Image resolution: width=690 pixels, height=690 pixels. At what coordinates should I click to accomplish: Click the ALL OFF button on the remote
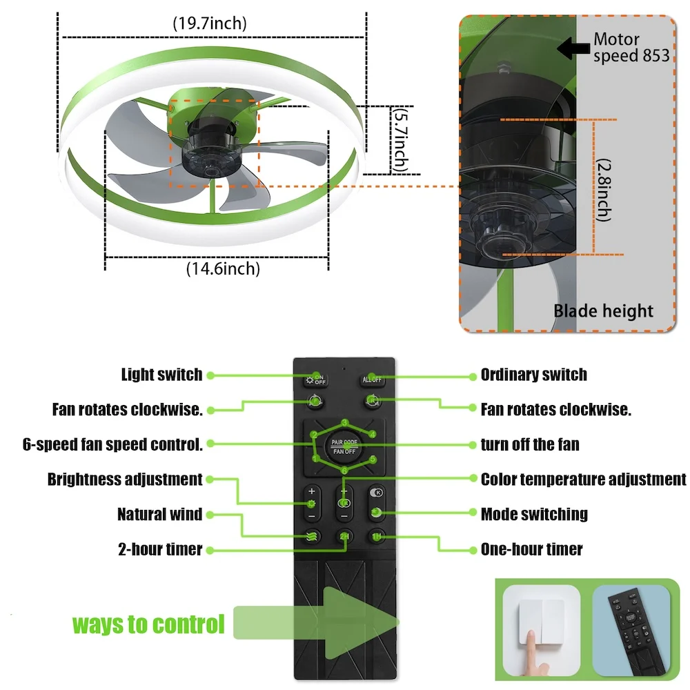tap(372, 379)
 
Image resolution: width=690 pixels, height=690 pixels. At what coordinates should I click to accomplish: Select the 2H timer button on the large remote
tap(344, 536)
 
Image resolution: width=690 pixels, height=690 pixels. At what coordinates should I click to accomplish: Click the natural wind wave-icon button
tap(311, 536)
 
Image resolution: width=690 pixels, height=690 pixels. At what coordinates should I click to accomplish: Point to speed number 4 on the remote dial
tap(372, 434)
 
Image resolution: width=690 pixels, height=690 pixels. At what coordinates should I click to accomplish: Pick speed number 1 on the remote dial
tap(315, 458)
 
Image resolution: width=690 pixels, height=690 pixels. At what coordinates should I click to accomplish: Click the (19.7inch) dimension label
tap(209, 23)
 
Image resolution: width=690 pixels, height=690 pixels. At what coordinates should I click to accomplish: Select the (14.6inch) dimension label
tap(223, 268)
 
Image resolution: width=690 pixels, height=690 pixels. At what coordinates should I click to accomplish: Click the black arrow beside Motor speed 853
tap(572, 48)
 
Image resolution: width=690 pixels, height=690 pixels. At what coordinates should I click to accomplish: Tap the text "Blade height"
tap(603, 311)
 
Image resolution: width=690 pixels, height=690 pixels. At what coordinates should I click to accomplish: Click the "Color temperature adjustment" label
tap(583, 479)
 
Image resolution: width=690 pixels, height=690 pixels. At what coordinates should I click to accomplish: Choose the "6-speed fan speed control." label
tap(112, 444)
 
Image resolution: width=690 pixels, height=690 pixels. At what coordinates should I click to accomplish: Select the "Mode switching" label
tap(534, 514)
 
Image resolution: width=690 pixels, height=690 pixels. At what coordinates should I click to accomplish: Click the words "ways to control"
tap(148, 624)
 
